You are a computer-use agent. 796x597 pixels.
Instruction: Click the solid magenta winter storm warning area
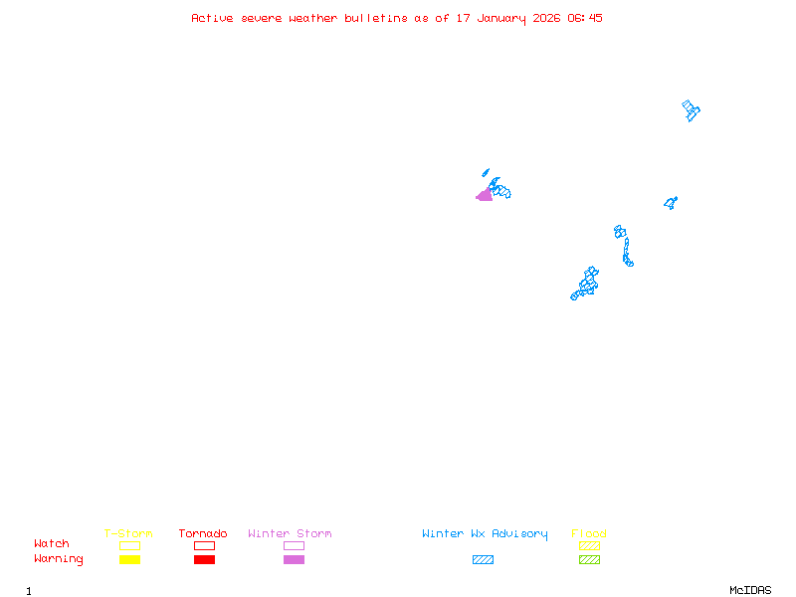[485, 195]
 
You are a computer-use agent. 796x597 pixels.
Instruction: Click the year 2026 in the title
[546, 18]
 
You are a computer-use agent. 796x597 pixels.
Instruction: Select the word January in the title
[501, 19]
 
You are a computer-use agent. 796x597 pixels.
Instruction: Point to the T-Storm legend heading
[128, 533]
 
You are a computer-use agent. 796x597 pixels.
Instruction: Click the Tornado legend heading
[203, 533]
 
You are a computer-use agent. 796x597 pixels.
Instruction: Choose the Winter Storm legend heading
[290, 533]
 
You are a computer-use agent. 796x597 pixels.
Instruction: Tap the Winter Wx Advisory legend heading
[485, 534]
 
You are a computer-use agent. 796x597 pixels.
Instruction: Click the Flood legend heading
[589, 533]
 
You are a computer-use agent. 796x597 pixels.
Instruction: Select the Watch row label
[52, 543]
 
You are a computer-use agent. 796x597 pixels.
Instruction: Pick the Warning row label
[59, 559]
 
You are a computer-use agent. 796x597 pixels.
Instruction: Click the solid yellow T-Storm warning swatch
[130, 559]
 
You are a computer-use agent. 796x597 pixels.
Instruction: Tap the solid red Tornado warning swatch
[205, 559]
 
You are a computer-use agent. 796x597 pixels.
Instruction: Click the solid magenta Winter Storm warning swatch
[294, 559]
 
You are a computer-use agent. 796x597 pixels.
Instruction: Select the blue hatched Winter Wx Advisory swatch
[483, 559]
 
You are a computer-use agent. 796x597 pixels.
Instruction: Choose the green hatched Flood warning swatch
[589, 559]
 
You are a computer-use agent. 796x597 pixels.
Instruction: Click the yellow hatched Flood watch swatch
[589, 545]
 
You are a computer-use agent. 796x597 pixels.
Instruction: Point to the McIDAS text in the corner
[750, 590]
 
